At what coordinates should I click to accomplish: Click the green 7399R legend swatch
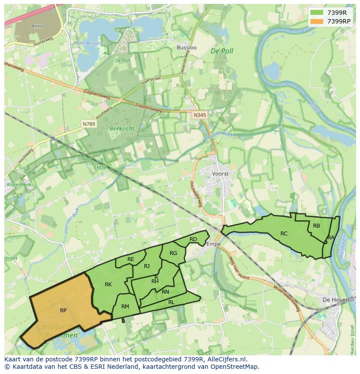pyautogui.click(x=317, y=13)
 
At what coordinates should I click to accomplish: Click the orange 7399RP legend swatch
pyautogui.click(x=317, y=21)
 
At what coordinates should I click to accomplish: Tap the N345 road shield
pyautogui.click(x=199, y=115)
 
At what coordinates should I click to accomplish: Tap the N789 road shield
pyautogui.click(x=89, y=124)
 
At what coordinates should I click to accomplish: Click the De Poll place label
pyautogui.click(x=222, y=51)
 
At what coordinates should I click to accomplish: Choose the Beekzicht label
pyautogui.click(x=122, y=129)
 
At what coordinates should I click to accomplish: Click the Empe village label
pyautogui.click(x=213, y=244)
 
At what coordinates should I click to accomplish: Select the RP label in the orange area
pyautogui.click(x=63, y=310)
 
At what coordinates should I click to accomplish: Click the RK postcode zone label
pyautogui.click(x=108, y=285)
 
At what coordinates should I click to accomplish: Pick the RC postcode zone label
pyautogui.click(x=284, y=233)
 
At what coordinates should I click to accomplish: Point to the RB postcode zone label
pyautogui.click(x=317, y=225)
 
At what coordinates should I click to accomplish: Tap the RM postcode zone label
pyautogui.click(x=125, y=306)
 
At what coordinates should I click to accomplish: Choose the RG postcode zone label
pyautogui.click(x=173, y=253)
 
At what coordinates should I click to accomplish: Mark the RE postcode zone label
pyautogui.click(x=131, y=259)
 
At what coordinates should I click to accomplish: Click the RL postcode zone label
pyautogui.click(x=171, y=302)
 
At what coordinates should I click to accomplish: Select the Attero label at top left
pyautogui.click(x=38, y=26)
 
